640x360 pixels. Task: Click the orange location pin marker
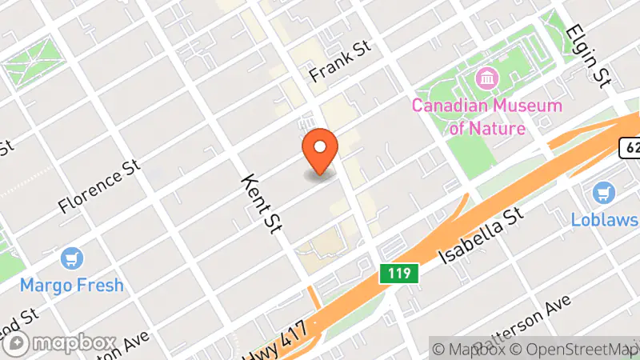321,150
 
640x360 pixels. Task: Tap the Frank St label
342,61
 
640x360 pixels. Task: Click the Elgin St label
588,54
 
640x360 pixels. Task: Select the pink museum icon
486,79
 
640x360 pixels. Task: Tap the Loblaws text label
604,219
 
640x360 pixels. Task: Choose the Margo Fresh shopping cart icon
72,258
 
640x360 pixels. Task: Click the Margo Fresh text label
72,284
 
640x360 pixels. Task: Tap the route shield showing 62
630,147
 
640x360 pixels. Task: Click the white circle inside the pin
321,146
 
